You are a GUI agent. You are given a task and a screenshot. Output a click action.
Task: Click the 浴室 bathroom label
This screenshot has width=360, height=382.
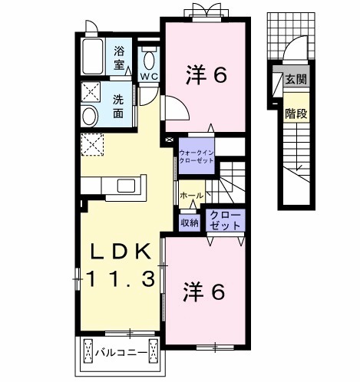(x=121, y=58)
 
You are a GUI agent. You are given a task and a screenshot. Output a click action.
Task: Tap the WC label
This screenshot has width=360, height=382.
(x=149, y=77)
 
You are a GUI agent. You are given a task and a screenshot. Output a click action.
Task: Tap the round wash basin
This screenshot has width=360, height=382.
(x=90, y=117)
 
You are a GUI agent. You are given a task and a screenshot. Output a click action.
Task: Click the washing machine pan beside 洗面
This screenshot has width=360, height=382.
(x=92, y=94)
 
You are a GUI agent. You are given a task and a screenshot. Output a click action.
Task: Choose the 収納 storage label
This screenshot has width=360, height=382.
(x=190, y=222)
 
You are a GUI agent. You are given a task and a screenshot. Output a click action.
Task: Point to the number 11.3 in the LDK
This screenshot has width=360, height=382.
(x=123, y=278)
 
